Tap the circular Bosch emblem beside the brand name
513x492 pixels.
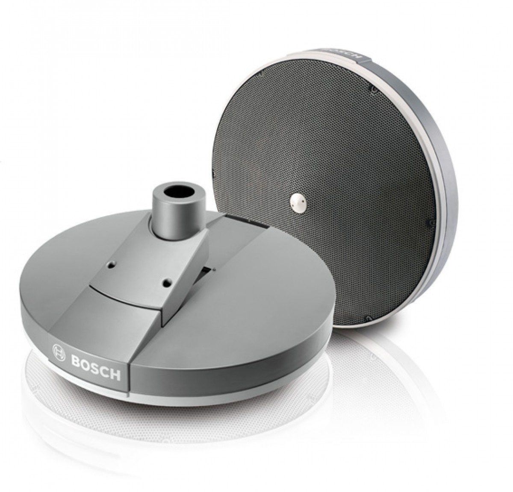point(59,352)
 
